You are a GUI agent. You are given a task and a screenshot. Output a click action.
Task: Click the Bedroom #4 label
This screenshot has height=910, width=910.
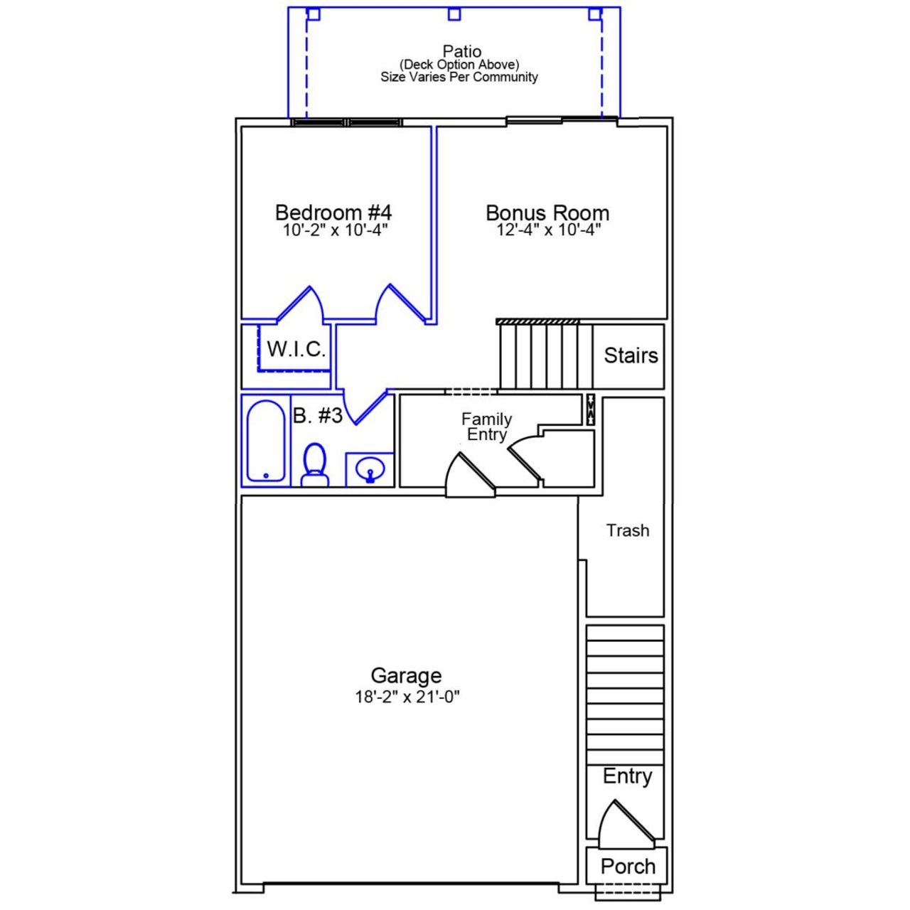[x=333, y=212]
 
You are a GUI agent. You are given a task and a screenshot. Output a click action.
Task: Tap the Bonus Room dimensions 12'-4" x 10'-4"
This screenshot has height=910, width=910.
[x=548, y=230]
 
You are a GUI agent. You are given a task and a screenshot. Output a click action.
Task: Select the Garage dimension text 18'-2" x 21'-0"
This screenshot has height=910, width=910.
[x=407, y=697]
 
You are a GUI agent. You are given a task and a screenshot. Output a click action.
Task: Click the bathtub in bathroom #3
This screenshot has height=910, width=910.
[x=266, y=441]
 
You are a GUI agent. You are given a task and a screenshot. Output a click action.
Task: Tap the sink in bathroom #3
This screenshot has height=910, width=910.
[x=370, y=470]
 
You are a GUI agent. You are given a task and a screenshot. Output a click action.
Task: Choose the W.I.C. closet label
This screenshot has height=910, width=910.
[x=296, y=349]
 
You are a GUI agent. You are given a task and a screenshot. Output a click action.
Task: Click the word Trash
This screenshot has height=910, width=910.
[x=627, y=530]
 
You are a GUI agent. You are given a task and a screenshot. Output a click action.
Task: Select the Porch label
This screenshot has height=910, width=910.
[x=627, y=866]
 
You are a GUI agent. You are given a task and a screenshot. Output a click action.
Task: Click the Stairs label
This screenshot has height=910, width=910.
[x=631, y=355]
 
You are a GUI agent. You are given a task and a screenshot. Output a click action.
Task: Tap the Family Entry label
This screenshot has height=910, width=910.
[x=486, y=427]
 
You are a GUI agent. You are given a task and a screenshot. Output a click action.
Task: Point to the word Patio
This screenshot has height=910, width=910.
[x=461, y=51]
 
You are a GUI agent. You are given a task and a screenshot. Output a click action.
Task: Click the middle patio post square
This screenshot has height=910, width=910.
[x=454, y=14]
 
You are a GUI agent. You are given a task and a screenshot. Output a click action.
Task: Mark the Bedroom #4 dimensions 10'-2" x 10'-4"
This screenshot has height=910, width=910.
[x=335, y=230]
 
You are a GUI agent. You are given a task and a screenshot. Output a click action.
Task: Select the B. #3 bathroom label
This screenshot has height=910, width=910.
[x=318, y=416]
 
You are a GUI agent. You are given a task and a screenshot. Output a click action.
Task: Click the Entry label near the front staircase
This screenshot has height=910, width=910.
[x=627, y=776]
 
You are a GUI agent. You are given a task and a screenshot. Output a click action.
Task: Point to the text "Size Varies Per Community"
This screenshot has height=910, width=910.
[x=459, y=77]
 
